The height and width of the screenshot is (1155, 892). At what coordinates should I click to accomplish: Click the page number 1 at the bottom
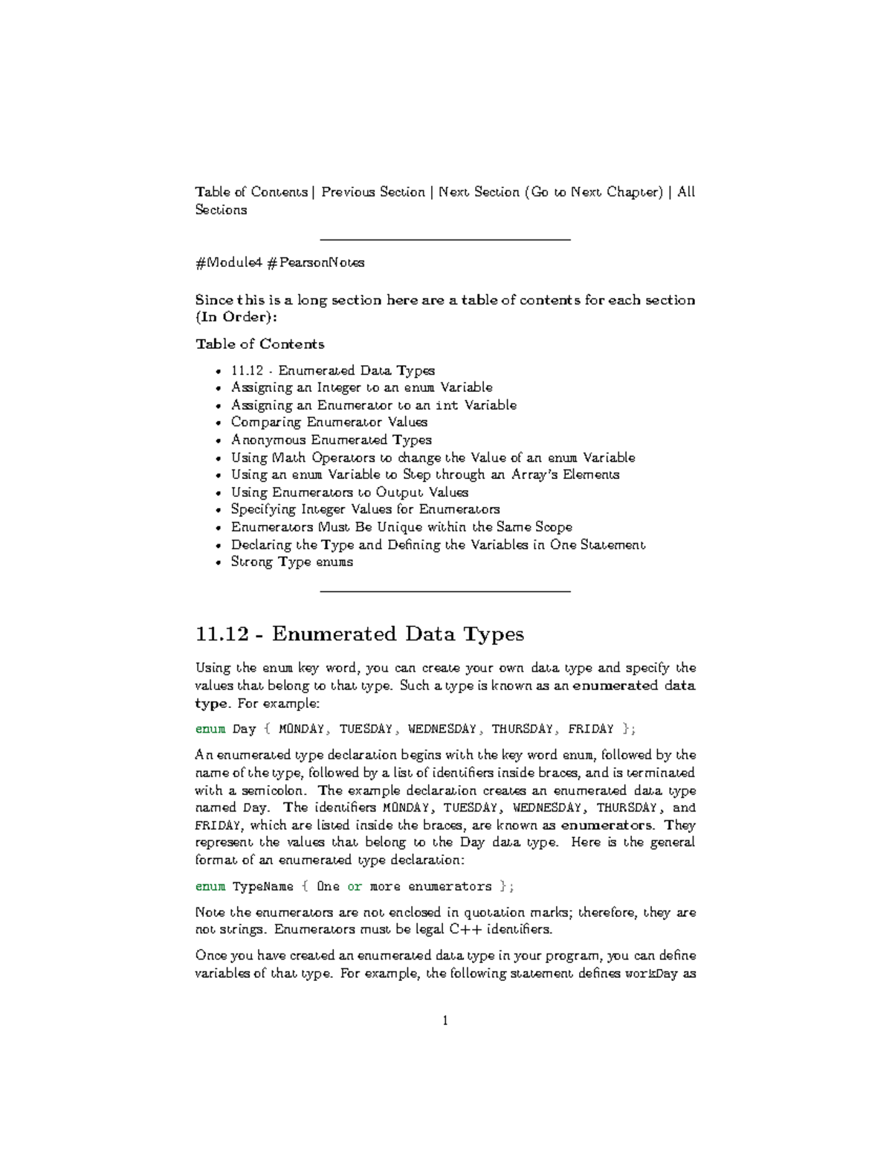pos(445,1020)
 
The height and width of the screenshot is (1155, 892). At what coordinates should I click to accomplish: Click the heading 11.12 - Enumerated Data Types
pos(359,634)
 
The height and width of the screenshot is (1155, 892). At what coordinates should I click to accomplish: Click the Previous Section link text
pos(373,192)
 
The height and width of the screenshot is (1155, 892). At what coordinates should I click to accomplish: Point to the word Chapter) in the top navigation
pos(634,192)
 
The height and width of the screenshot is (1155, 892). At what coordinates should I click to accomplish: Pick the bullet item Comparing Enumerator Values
pos(329,422)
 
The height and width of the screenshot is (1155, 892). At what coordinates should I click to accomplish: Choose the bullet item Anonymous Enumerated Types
pos(331,440)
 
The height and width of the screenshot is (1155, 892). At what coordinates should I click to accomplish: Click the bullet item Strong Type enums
pos(291,562)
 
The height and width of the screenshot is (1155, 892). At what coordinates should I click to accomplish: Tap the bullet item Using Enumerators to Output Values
pos(349,492)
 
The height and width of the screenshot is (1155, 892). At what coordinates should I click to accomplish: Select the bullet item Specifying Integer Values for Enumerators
pos(365,509)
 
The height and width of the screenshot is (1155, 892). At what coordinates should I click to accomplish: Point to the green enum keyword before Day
pos(210,729)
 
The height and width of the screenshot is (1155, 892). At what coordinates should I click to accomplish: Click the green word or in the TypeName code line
pos(355,887)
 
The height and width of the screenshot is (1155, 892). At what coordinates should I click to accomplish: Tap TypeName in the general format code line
pos(263,887)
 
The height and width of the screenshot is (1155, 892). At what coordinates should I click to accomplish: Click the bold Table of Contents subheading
pos(259,344)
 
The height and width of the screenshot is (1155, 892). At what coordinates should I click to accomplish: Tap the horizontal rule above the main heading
pos(445,591)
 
